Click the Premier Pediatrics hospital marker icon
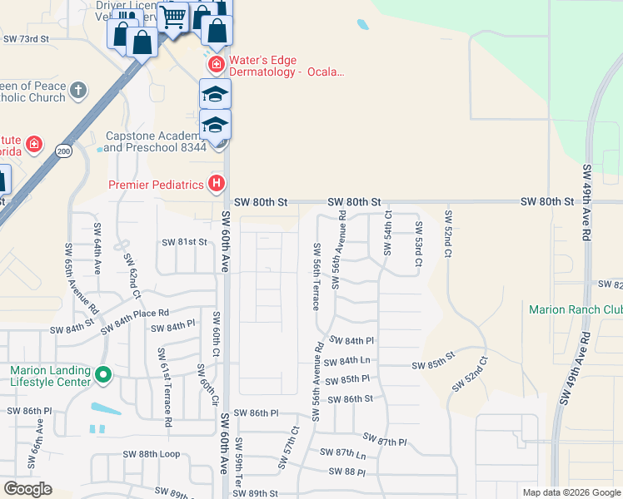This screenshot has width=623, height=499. (x=217, y=183)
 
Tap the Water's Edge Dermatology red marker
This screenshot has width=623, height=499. (x=215, y=64)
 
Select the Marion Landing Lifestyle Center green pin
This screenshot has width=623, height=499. (x=103, y=376)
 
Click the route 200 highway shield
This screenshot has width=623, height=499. (x=63, y=151)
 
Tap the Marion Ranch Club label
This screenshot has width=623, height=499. (x=576, y=309)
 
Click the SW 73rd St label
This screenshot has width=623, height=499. (x=27, y=39)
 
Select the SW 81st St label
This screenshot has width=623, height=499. (x=183, y=242)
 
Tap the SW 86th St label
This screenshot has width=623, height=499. (x=350, y=399)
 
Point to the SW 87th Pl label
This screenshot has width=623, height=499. (x=385, y=440)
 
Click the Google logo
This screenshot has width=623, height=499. (x=27, y=489)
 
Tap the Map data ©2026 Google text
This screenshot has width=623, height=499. (x=571, y=492)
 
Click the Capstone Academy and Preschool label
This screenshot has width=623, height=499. (x=156, y=141)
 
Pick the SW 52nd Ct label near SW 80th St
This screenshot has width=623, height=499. (x=448, y=232)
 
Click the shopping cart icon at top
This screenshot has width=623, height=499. (x=174, y=16)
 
